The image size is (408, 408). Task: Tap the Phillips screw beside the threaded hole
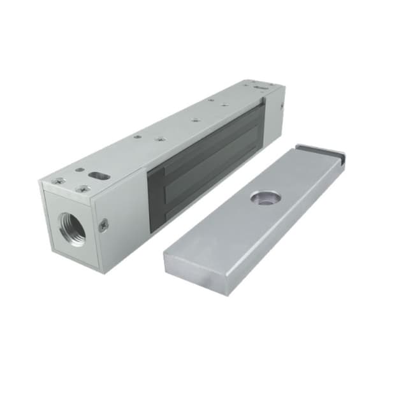pyautogui.click(x=103, y=224)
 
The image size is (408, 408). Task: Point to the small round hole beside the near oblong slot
pyautogui.click(x=78, y=170)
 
